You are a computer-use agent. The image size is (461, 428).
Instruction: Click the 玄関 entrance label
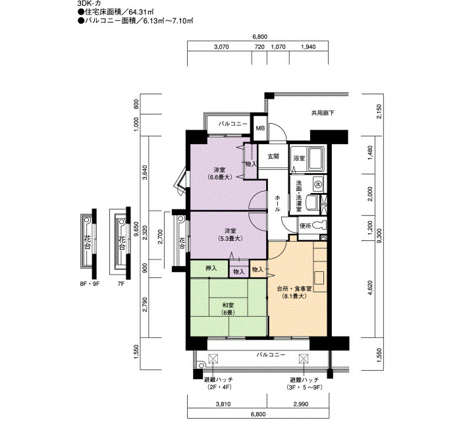coord(273,157)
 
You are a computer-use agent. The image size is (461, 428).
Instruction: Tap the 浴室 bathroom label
coord(299,158)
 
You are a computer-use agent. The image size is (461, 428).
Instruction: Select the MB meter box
coord(261,128)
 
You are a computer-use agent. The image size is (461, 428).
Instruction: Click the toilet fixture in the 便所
coord(320,225)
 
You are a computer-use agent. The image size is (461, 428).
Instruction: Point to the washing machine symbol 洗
coord(317,184)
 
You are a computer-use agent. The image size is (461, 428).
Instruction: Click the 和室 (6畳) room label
coord(228,309)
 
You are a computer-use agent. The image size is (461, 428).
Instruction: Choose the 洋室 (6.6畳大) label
coord(219,173)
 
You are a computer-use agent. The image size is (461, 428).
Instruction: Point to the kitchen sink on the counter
coord(319,278)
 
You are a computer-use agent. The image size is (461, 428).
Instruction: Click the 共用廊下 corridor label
coord(323,113)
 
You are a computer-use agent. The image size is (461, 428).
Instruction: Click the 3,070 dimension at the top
coord(221,47)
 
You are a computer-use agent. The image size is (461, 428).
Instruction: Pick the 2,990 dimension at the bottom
coord(301,404)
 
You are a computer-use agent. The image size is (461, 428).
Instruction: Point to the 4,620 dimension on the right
coord(370,289)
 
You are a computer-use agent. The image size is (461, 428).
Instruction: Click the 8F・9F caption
coord(90,284)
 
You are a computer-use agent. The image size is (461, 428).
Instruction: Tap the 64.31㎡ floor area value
coord(142,12)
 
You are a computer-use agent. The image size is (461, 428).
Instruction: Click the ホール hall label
coord(277,203)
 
